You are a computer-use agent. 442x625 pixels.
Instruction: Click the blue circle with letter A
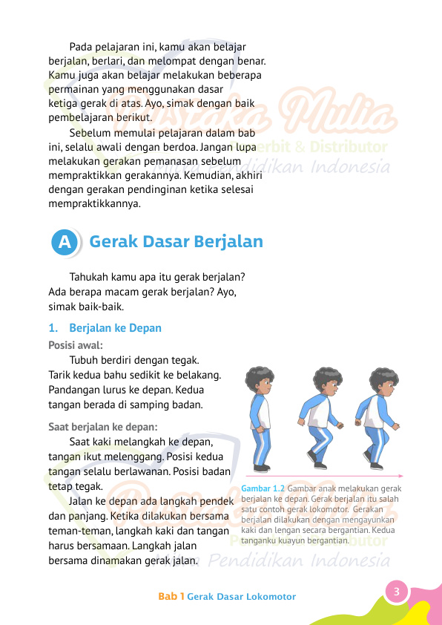(65, 242)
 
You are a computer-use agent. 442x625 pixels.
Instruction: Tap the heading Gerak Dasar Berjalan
(176, 242)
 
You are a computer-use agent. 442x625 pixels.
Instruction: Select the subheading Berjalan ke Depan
(115, 327)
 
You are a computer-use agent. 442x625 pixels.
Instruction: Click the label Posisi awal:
(76, 345)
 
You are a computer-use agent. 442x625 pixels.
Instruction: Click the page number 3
(397, 592)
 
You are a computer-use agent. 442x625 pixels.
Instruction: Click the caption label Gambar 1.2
(263, 489)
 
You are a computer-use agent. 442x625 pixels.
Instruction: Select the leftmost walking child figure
(261, 419)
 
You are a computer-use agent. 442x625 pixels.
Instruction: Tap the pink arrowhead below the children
(400, 475)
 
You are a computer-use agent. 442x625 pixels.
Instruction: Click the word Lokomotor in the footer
(271, 596)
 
